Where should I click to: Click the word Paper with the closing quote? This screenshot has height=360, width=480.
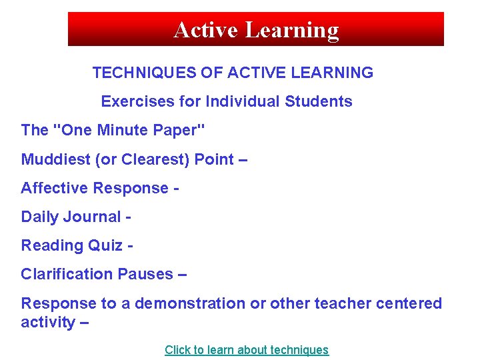[176, 130]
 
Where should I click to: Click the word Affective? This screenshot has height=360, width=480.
[55, 188]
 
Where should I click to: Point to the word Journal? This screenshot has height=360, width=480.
[92, 217]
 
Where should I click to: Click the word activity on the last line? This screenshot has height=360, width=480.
[48, 323]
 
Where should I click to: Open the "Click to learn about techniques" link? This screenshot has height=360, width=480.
[247, 350]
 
